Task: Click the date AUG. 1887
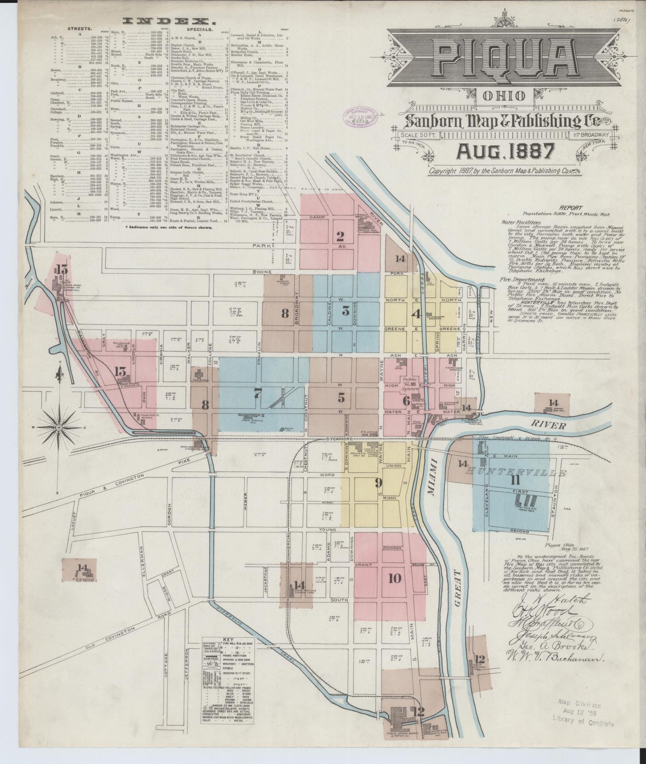(504, 151)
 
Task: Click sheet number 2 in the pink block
(340, 236)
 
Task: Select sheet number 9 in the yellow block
(378, 483)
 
